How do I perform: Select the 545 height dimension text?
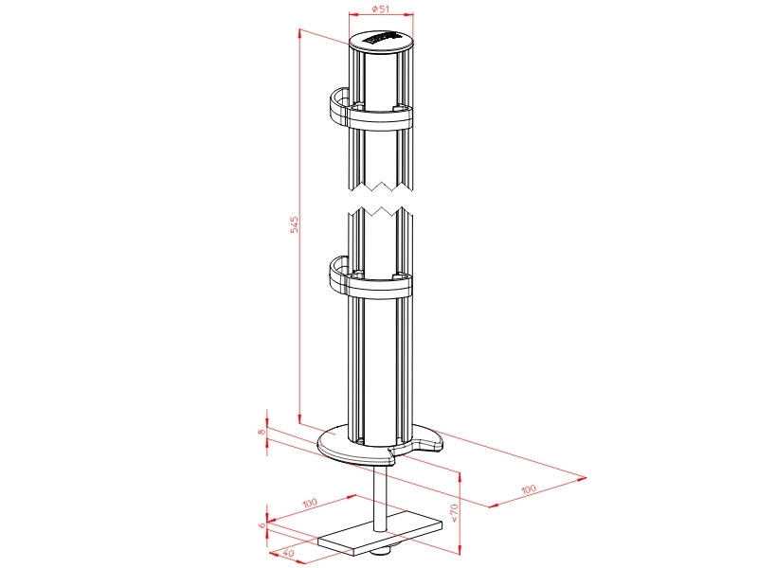[x=294, y=224]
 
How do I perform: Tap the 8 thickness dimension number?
[x=262, y=432]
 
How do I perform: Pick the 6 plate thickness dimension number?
[x=262, y=524]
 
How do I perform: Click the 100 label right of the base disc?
[x=529, y=489]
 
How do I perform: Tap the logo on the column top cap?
[x=381, y=39]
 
